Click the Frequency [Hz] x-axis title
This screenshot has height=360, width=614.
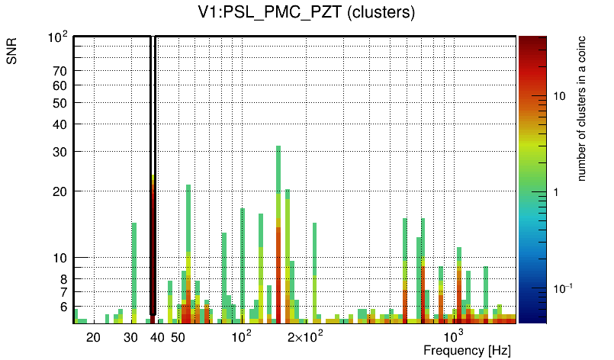pyautogui.click(x=467, y=349)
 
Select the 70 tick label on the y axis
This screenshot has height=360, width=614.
pyautogui.click(x=60, y=71)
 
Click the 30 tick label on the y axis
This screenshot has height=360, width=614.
pyautogui.click(x=60, y=152)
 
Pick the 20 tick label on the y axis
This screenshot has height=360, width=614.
pyautogui.click(x=60, y=191)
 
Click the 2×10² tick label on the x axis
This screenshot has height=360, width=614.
pyautogui.click(x=306, y=336)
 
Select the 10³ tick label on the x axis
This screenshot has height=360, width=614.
pyautogui.click(x=454, y=336)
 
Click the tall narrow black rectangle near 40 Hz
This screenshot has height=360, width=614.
pyautogui.click(x=153, y=175)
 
